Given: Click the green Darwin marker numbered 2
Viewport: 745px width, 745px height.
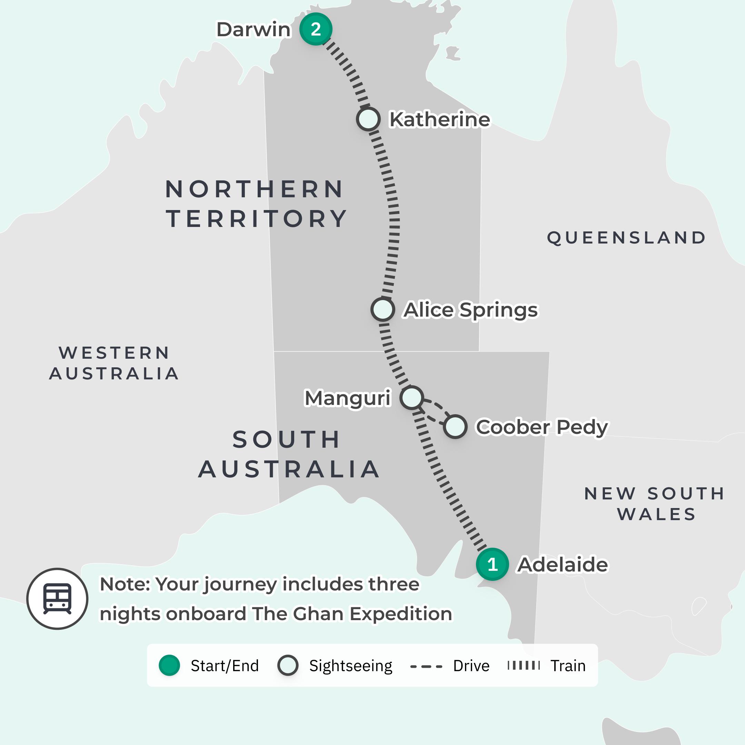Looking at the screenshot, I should [316, 29].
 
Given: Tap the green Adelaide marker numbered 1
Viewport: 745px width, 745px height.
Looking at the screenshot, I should [492, 564].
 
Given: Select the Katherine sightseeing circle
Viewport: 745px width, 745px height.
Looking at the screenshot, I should [368, 119].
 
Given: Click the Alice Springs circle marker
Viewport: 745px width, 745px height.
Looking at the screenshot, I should [383, 309].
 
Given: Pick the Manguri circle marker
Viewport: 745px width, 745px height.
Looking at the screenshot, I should [411, 398].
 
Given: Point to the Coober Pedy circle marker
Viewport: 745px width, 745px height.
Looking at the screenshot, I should [455, 427].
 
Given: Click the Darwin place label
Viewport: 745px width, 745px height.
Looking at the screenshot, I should [254, 30].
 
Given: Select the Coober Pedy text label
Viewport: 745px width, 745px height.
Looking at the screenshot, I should [542, 427].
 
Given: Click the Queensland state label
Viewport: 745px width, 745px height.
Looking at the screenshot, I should [627, 238].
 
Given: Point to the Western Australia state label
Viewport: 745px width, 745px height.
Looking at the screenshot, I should [114, 363].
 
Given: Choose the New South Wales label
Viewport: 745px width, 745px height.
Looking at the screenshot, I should [655, 504].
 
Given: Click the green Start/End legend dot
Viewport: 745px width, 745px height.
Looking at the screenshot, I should [169, 665].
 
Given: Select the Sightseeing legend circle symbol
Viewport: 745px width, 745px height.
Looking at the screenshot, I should [288, 665].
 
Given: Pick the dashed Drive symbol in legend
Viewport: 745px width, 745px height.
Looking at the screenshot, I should [426, 666].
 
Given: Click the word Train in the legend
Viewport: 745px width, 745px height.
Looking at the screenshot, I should [568, 666].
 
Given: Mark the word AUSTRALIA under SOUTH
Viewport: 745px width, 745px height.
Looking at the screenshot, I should [289, 469].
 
